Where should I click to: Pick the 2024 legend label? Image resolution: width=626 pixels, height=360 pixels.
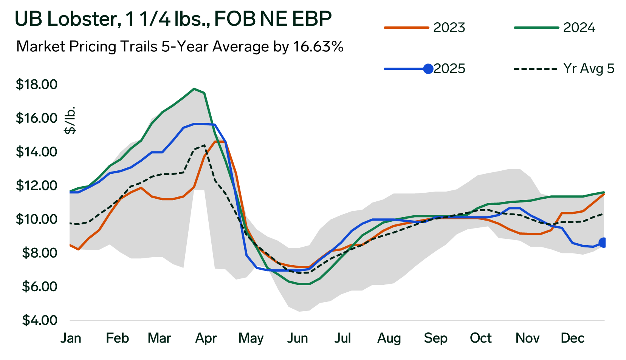coord(579,28)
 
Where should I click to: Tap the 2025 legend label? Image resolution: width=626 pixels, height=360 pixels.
coord(449,69)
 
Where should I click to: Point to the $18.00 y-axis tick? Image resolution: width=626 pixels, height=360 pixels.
coord(36,84)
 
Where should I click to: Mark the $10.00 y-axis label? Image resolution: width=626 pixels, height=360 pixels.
coord(36,219)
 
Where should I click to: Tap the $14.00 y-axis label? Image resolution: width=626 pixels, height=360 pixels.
coord(36,152)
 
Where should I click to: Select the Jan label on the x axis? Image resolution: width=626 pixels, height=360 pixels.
coord(71,338)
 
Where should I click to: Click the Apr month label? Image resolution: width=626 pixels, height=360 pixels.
coord(206,338)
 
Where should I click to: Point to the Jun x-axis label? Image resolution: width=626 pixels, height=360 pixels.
coord(298,338)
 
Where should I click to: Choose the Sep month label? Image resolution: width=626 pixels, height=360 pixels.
coord(435,338)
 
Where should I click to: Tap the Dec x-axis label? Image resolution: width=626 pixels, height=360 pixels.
coord(573,338)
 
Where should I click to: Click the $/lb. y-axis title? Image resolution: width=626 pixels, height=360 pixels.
coord(70,120)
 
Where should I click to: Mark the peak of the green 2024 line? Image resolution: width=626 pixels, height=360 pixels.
coord(194,89)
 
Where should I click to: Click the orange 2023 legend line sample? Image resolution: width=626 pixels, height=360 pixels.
coord(406,28)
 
